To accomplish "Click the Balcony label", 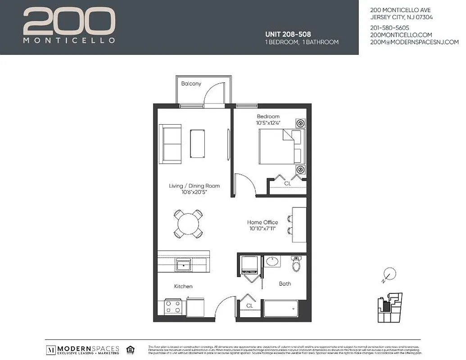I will tap(191, 84).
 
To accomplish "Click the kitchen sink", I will tap(184, 265).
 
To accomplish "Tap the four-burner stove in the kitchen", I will tap(172, 308).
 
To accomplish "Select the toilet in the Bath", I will tap(296, 264).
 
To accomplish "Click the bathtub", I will tap(281, 309).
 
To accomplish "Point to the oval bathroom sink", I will tap(271, 261).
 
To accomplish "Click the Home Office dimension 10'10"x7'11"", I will tap(262, 229).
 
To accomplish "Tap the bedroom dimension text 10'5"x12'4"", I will tap(268, 123).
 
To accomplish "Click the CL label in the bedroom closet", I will tap(287, 184).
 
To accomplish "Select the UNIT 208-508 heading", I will tap(288, 34).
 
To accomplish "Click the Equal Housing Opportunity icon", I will tap(130, 349).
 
